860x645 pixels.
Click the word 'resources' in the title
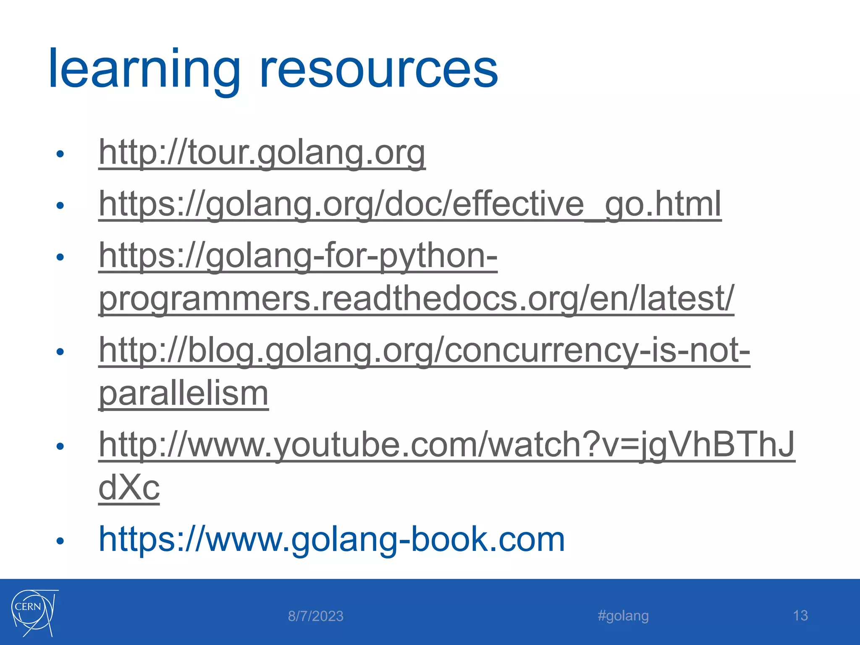point(379,69)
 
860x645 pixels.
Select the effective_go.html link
point(410,204)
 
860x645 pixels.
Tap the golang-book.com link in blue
point(332,539)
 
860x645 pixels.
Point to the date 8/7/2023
point(315,616)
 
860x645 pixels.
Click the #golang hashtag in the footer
point(623,616)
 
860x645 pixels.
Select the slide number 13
point(800,616)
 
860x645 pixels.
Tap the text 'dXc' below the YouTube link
point(129,488)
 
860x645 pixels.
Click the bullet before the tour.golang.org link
point(60,154)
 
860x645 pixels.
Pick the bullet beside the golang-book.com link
point(60,541)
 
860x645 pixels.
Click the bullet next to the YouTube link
point(60,446)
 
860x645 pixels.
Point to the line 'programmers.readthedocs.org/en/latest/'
point(416,299)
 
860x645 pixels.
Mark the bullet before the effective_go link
point(60,206)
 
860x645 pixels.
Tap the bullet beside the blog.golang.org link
point(60,352)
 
